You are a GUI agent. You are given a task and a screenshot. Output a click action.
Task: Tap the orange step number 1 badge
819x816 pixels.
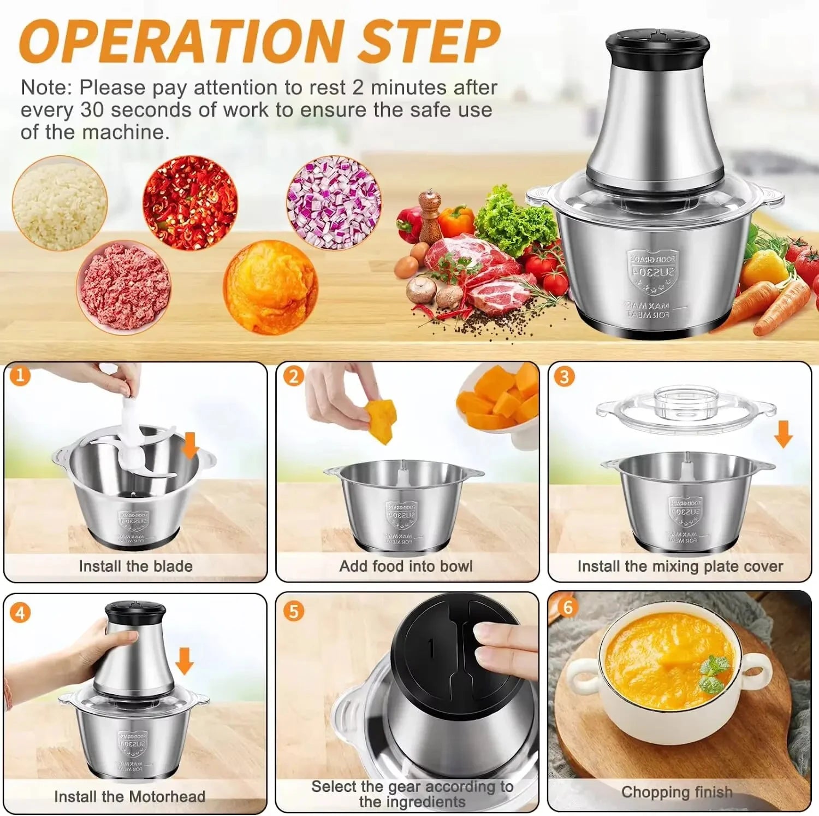(x=20, y=375)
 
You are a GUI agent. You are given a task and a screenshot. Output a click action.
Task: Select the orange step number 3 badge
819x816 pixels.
(x=564, y=376)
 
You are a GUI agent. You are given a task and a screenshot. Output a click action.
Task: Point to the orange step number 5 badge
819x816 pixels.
(x=294, y=610)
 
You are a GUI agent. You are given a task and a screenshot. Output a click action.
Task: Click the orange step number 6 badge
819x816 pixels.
(x=567, y=607)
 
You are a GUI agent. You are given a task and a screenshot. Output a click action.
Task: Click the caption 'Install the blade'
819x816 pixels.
(x=135, y=566)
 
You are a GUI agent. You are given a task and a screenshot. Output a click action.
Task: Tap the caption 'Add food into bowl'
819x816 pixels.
(x=406, y=566)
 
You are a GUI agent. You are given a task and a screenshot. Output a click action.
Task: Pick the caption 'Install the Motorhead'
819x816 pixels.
(x=130, y=797)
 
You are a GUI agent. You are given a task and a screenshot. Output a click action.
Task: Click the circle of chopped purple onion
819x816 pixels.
(x=334, y=202)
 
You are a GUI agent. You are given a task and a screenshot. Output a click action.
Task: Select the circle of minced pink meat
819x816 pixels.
(x=124, y=287)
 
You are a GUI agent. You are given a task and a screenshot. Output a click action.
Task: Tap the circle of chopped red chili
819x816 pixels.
(x=190, y=202)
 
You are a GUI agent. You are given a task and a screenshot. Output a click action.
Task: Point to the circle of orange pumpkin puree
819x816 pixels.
(x=270, y=287)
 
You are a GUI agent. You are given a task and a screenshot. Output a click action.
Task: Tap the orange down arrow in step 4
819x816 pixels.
(x=184, y=661)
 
